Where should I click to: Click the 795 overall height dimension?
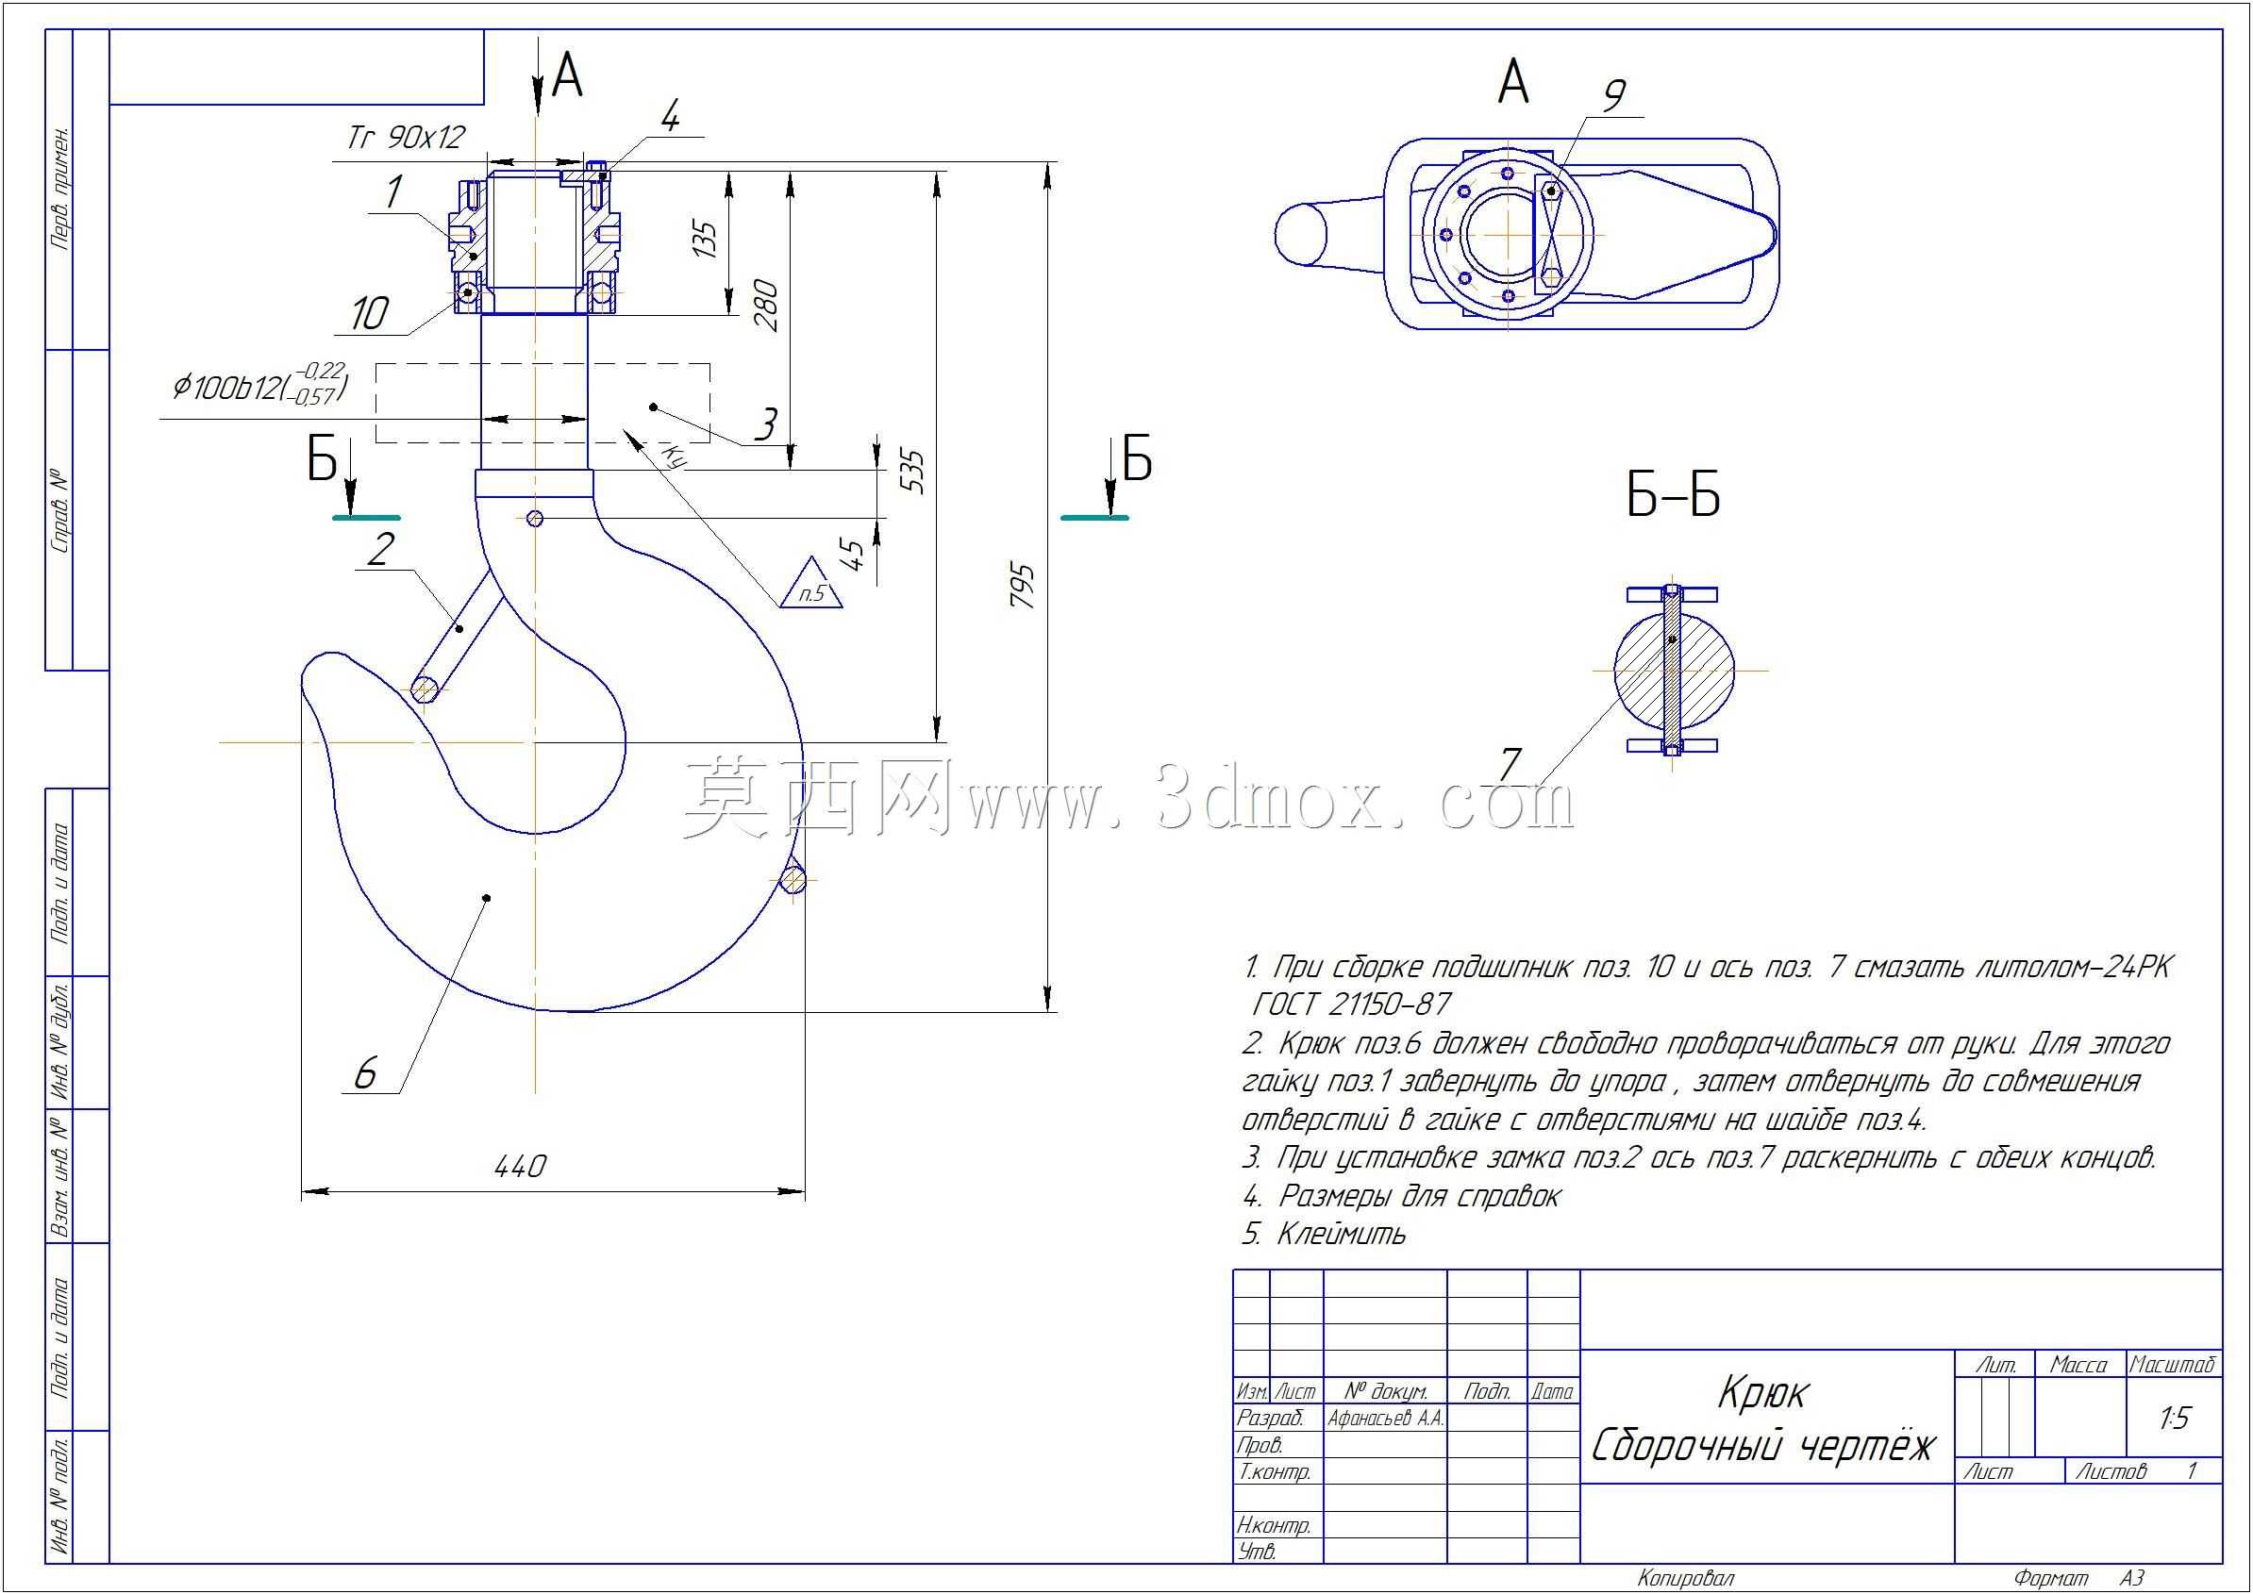tap(1023, 586)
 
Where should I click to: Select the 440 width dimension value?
tap(519, 1166)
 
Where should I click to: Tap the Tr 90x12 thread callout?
tap(406, 137)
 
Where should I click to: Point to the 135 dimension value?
tap(705, 239)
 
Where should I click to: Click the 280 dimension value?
tap(766, 307)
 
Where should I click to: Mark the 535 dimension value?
tap(912, 472)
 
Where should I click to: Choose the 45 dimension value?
tap(854, 556)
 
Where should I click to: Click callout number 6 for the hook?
tap(364, 1073)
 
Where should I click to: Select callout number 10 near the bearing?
tap(369, 314)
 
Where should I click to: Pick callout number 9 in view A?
tap(1613, 95)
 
